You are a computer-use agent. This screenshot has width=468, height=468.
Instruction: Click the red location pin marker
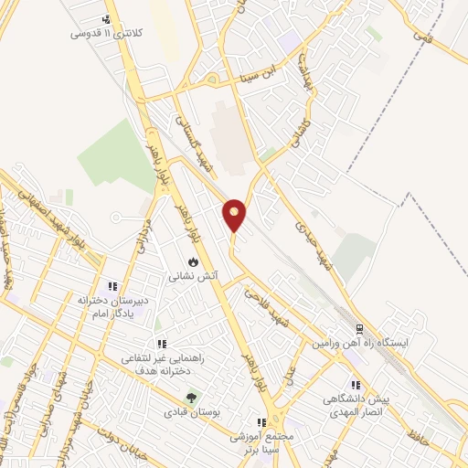[235, 214]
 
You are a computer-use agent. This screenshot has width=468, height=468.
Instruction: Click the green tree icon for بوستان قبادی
[191, 398]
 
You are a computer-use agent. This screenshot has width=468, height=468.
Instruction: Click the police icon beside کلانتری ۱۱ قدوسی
[107, 19]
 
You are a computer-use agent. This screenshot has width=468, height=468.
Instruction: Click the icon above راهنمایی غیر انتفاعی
[161, 344]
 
